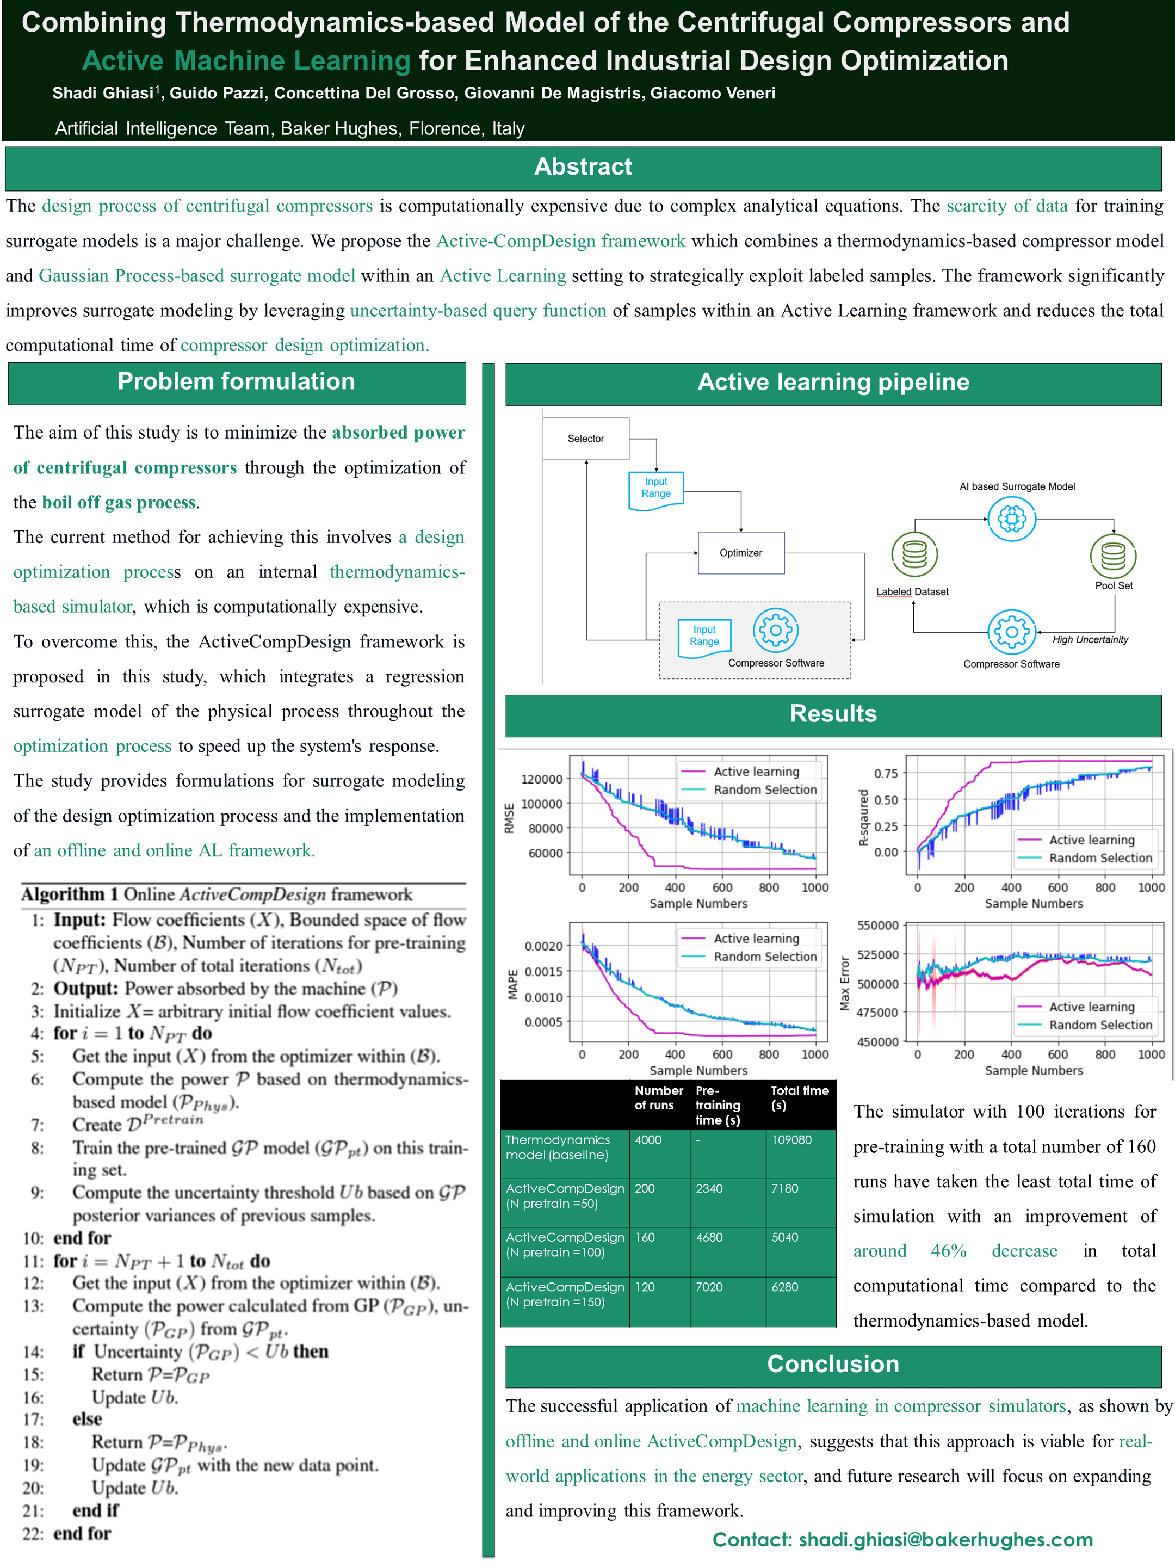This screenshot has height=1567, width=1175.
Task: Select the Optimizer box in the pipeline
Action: tap(741, 553)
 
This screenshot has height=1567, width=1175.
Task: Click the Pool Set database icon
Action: tap(1112, 556)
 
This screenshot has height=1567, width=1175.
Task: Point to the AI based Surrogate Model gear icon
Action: tap(1011, 519)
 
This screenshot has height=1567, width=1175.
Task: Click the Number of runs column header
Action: tap(658, 1098)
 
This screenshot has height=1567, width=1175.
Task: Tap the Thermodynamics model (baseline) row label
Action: tap(558, 1148)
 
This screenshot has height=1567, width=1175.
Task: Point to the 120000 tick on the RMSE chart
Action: tap(542, 779)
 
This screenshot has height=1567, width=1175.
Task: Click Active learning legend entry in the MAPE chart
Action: tap(756, 939)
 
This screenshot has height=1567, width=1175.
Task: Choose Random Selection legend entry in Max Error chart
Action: tap(1100, 1025)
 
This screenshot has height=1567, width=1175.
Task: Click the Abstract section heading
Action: tap(583, 167)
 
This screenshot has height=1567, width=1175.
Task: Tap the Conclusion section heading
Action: tap(833, 1365)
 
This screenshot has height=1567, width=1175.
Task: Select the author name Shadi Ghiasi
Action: tap(103, 94)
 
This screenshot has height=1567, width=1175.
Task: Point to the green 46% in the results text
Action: tap(948, 1251)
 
